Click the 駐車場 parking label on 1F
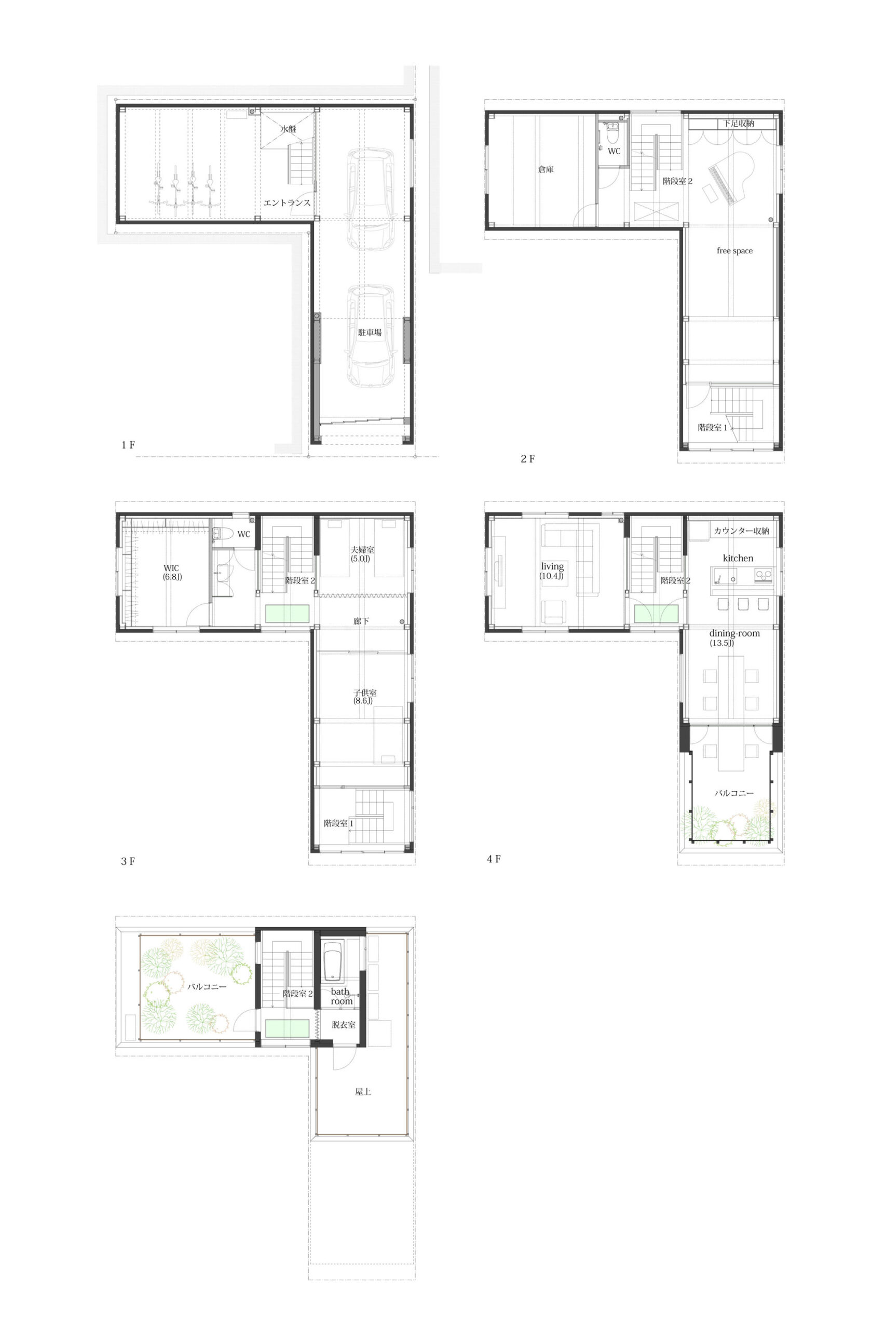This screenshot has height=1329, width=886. coord(370,332)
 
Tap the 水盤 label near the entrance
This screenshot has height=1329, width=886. coord(288,129)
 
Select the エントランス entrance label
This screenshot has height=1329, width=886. coord(287,202)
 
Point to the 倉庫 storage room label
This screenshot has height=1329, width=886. coord(546,169)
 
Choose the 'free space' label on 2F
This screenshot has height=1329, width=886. coord(734,251)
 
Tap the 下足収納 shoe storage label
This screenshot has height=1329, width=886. coord(739,123)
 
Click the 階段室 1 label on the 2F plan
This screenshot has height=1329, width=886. coord(713,427)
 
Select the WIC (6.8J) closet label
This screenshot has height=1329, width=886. coord(172,573)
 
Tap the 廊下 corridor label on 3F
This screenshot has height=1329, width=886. coord(361,621)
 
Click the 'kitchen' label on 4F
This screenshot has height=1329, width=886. coord(738,558)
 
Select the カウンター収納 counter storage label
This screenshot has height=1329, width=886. coord(741,531)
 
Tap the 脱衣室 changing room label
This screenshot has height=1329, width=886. coord(344,1024)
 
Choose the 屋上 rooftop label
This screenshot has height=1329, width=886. coord(363,1092)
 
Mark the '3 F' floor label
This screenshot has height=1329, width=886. coord(128,861)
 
